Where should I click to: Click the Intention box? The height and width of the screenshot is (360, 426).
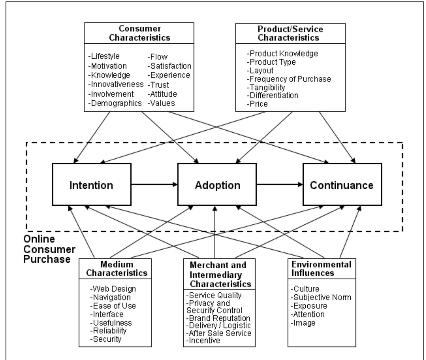91,185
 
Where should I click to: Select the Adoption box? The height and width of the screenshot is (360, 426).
217,185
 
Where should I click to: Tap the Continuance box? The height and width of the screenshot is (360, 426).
342,185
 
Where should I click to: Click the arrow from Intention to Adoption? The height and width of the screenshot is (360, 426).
154,184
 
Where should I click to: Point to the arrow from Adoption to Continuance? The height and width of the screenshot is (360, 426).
280,184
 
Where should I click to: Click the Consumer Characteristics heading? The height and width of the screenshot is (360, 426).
139,33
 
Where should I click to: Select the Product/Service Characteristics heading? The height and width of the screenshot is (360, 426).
290,33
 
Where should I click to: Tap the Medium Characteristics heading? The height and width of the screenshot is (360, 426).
116,269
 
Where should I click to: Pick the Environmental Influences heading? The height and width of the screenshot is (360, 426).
321,269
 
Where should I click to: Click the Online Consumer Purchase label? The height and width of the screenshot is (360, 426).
49,249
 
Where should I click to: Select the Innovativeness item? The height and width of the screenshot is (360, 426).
116,84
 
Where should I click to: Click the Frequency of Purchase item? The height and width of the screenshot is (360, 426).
289,79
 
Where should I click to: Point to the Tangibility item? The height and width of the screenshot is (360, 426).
266,88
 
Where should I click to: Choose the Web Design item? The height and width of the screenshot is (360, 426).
113,289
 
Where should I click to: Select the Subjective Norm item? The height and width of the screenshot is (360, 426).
321,297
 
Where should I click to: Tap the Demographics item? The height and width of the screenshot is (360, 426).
115,103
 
